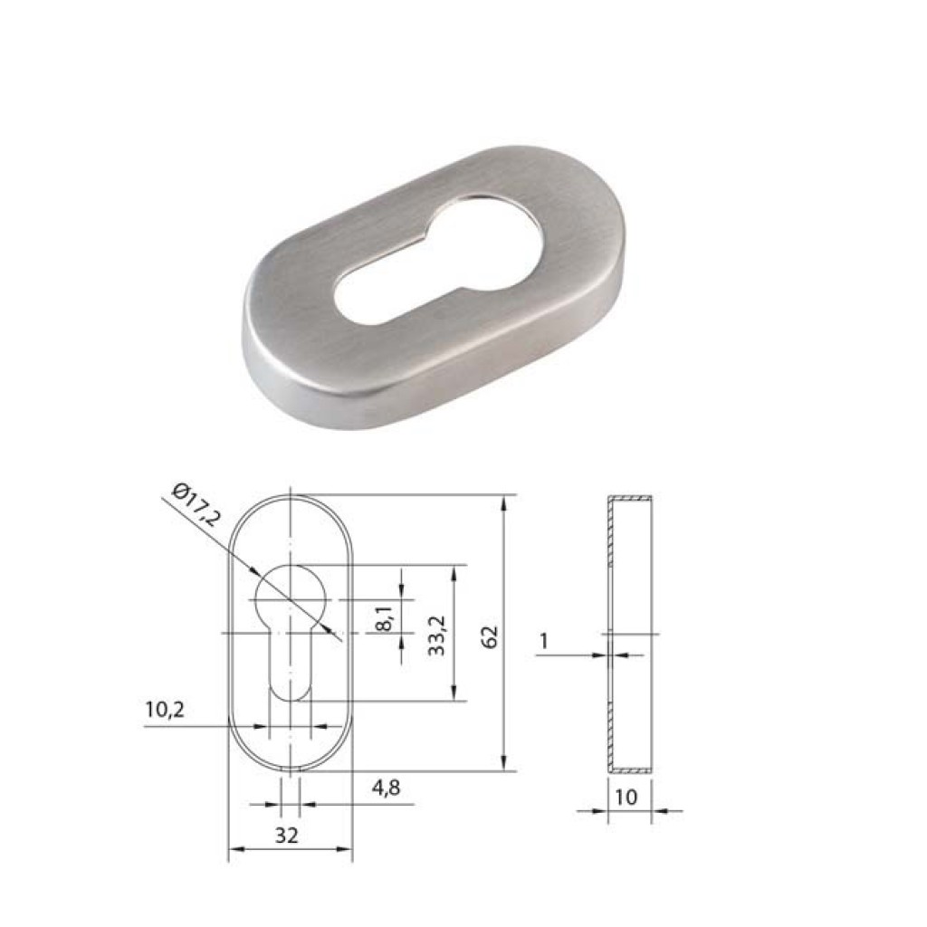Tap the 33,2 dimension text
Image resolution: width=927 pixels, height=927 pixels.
click(x=438, y=634)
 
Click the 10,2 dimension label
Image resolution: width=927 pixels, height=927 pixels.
click(x=164, y=711)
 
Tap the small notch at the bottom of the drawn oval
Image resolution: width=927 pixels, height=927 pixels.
click(x=290, y=769)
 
